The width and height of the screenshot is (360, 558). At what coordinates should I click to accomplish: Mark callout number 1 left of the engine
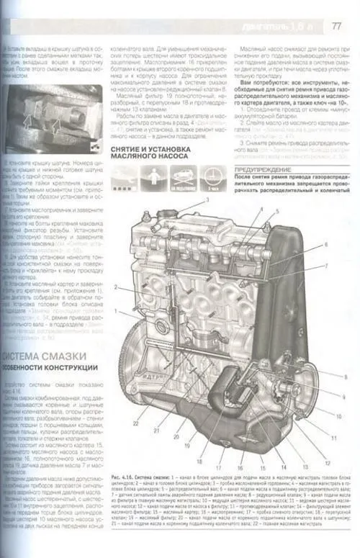click(114, 310)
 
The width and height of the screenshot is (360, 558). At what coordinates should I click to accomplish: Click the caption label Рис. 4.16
click(123, 477)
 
